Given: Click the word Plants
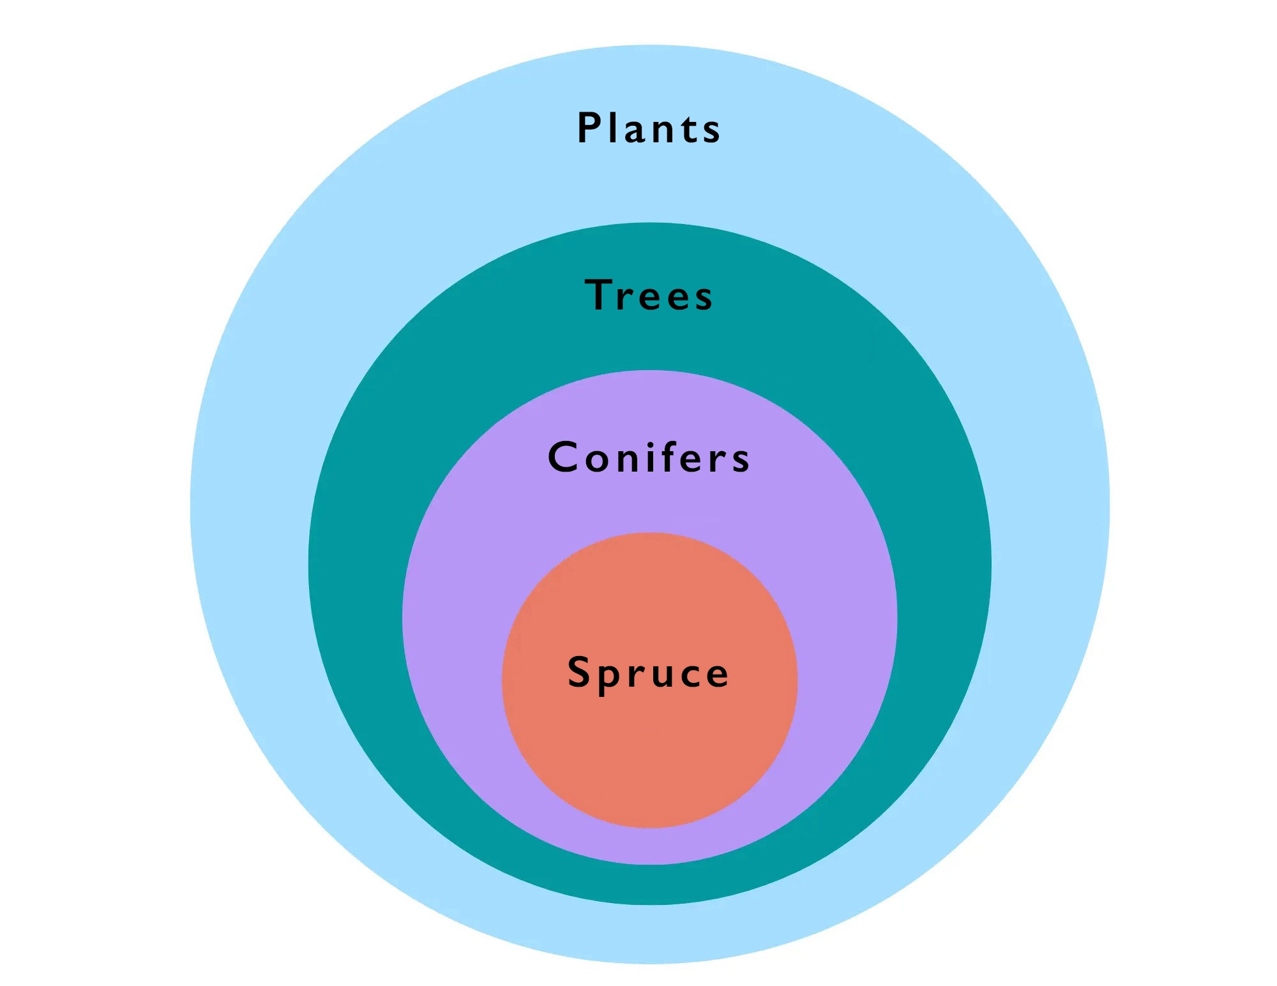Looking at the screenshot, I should pyautogui.click(x=649, y=128).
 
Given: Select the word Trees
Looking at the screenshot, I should pyautogui.click(x=649, y=295).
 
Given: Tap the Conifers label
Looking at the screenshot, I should pyautogui.click(x=649, y=457).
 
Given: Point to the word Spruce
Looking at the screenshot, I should pyautogui.click(x=648, y=673).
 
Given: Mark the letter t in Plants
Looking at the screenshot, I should pyautogui.click(x=688, y=129).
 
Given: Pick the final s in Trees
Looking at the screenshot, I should pyautogui.click(x=704, y=299).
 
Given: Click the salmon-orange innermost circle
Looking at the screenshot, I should pyautogui.click(x=649, y=753).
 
